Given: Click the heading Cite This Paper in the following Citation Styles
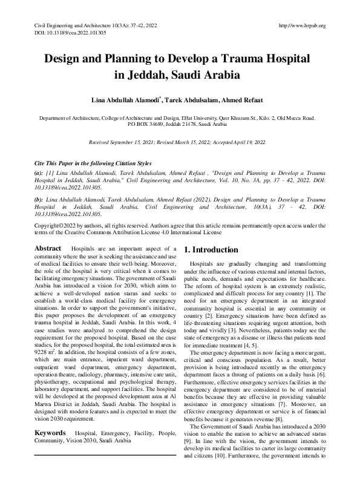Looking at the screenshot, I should click(x=91, y=163).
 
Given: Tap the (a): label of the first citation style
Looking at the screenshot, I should click(x=39, y=172).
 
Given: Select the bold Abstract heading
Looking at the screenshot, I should click(x=48, y=248).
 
